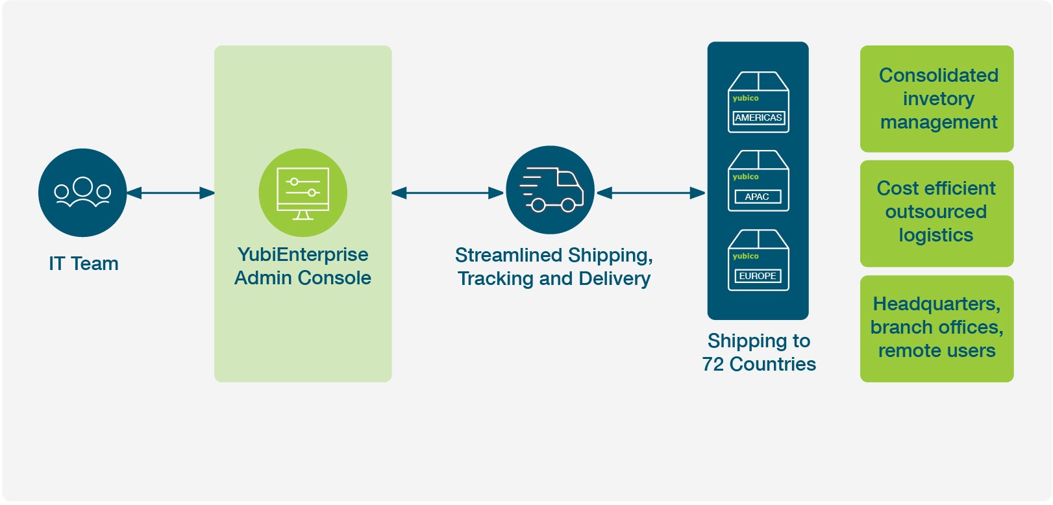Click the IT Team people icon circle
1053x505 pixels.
pos(82,192)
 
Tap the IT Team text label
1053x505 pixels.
pos(84,264)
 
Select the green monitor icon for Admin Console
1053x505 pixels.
pos(303,192)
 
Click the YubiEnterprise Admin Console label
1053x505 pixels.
pos(303,266)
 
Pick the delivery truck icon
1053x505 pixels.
pos(550,190)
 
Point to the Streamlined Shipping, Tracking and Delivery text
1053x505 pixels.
pos(554,267)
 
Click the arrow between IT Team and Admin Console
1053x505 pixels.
pos(170,193)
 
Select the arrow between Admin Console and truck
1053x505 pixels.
pos(448,193)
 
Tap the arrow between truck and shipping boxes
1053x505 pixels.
pos(650,193)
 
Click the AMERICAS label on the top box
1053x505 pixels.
pos(758,118)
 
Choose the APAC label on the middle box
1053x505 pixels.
pos(757,197)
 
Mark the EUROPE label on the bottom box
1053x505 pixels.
pos(758,276)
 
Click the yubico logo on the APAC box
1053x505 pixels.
pos(745,177)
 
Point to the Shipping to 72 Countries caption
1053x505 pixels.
pos(759,352)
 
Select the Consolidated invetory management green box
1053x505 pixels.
pos(937,99)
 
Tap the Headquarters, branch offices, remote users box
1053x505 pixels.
pos(937,328)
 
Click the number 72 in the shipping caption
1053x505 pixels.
pos(713,364)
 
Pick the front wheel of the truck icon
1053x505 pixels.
pos(568,206)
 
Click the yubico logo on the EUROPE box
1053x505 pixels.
pos(745,256)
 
